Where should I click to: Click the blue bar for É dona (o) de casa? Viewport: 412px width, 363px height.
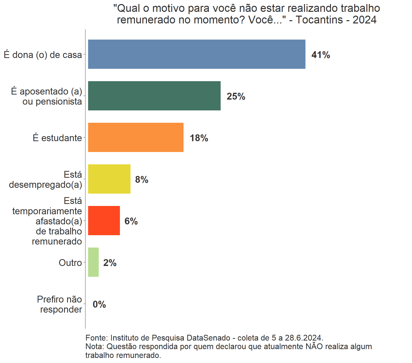[196, 54]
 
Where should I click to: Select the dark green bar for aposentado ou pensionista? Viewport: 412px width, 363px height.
[154, 96]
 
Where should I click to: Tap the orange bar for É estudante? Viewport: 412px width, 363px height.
[136, 137]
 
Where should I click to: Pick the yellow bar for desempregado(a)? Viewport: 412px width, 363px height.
[109, 179]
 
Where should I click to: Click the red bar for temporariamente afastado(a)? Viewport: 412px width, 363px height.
[104, 221]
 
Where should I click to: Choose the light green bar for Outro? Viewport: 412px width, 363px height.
[93, 262]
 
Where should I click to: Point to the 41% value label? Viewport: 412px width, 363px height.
[321, 55]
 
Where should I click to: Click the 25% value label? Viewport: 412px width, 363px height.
[236, 96]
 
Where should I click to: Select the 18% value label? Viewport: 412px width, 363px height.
[199, 138]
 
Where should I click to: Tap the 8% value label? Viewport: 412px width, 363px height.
[142, 179]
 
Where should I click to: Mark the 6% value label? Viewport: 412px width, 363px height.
[131, 221]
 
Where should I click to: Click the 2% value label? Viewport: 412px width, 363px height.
[110, 263]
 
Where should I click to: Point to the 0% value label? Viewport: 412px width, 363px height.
[99, 304]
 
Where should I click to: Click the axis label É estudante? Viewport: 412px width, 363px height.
[57, 138]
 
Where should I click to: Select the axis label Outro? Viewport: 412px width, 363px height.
[70, 263]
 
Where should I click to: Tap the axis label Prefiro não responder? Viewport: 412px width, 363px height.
[60, 304]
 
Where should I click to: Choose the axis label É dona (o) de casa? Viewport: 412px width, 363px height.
[43, 55]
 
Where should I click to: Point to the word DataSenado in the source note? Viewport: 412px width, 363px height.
[208, 338]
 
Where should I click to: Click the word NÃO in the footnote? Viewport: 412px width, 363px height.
[314, 346]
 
